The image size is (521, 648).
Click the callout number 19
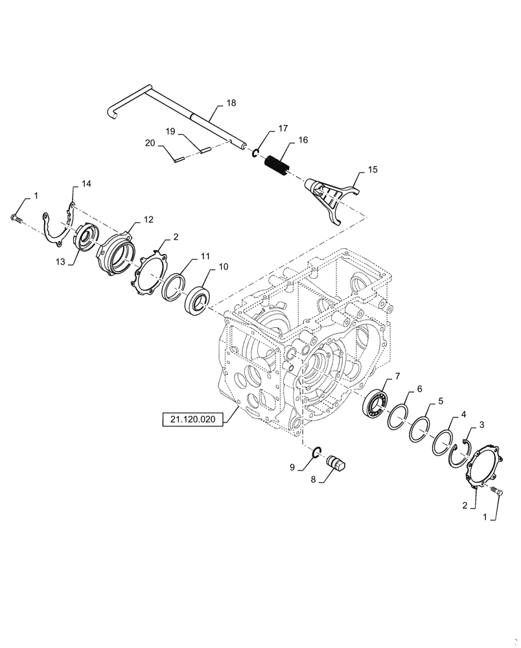[x=170, y=132]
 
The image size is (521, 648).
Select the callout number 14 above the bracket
[x=86, y=185]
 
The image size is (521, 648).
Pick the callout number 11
[x=205, y=257]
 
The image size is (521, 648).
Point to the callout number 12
[x=148, y=220]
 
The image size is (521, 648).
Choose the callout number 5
[x=441, y=401]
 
